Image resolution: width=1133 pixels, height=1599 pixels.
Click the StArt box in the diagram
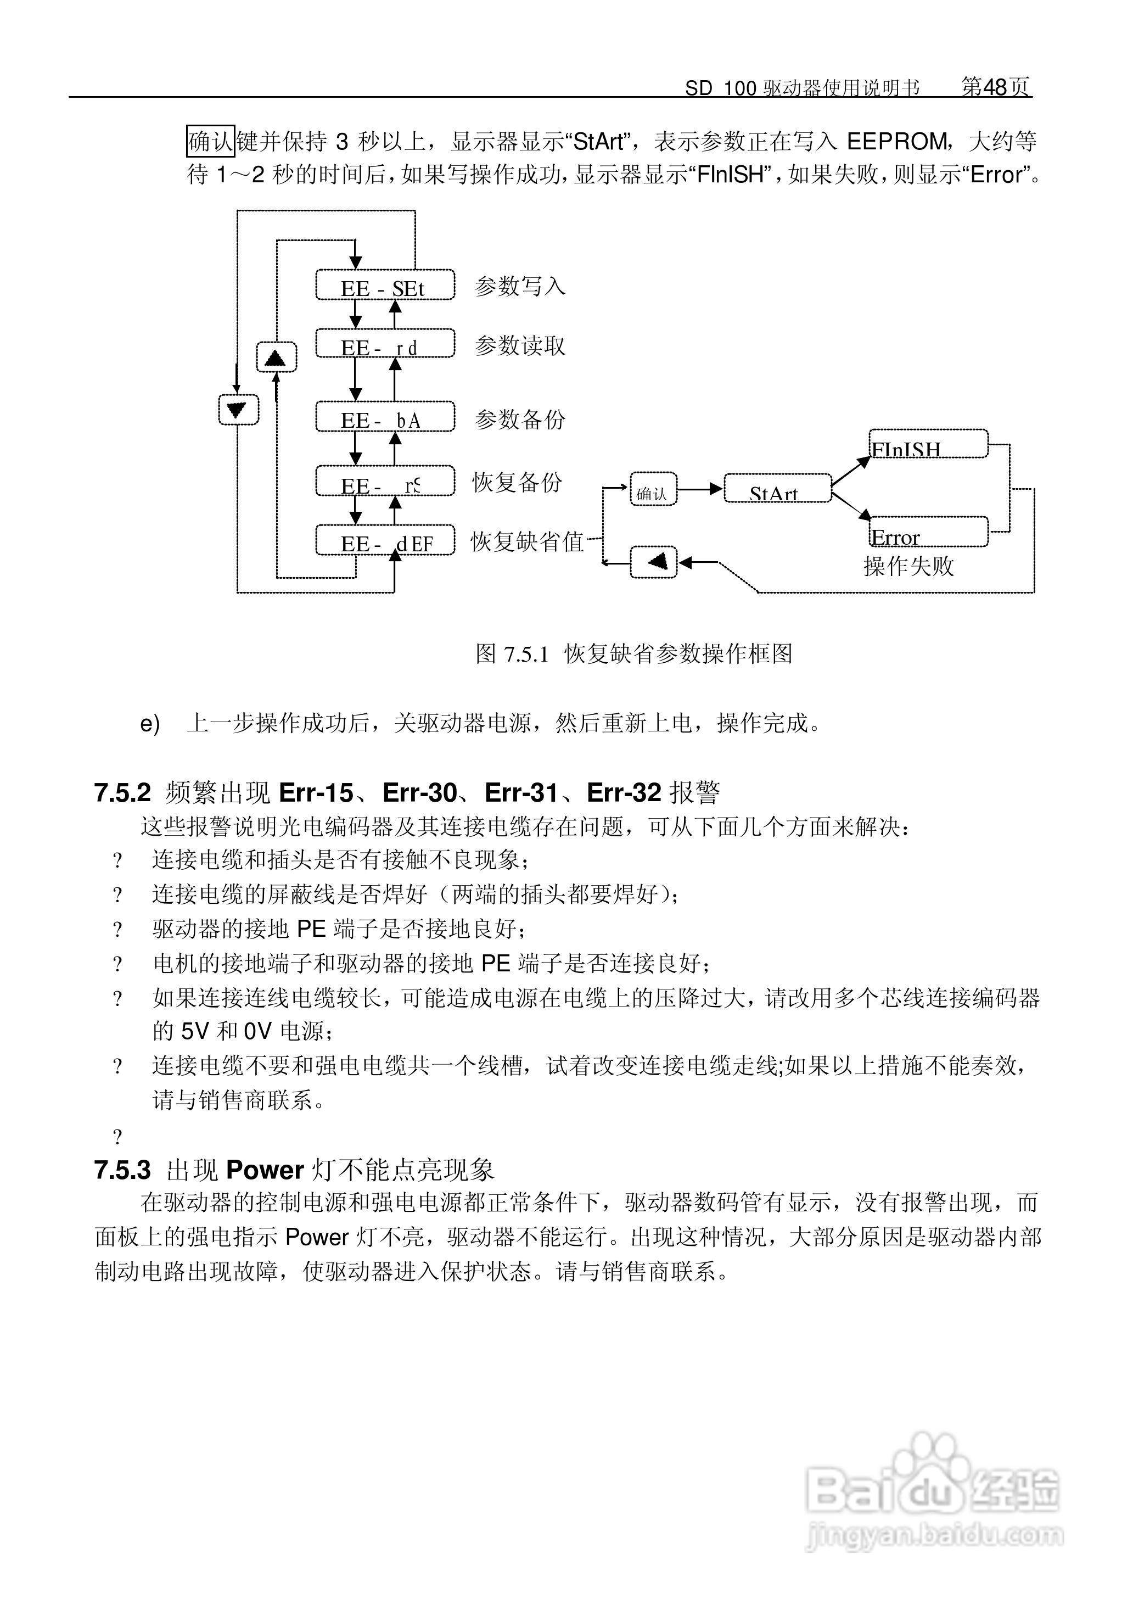click(777, 489)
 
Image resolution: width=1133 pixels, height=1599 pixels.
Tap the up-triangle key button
click(276, 357)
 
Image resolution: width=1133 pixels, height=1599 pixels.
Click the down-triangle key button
click(238, 410)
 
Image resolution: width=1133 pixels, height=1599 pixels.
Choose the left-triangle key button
click(654, 562)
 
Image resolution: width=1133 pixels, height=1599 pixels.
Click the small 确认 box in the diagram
click(653, 489)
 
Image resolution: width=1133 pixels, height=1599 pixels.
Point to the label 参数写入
click(520, 286)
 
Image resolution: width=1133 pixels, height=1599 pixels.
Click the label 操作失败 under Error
click(908, 566)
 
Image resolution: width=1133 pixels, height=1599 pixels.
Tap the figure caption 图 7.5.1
click(512, 655)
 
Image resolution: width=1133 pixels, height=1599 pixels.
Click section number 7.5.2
click(123, 793)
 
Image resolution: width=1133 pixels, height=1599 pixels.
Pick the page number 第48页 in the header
click(996, 87)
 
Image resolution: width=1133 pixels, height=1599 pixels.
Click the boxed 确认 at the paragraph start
click(210, 142)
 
